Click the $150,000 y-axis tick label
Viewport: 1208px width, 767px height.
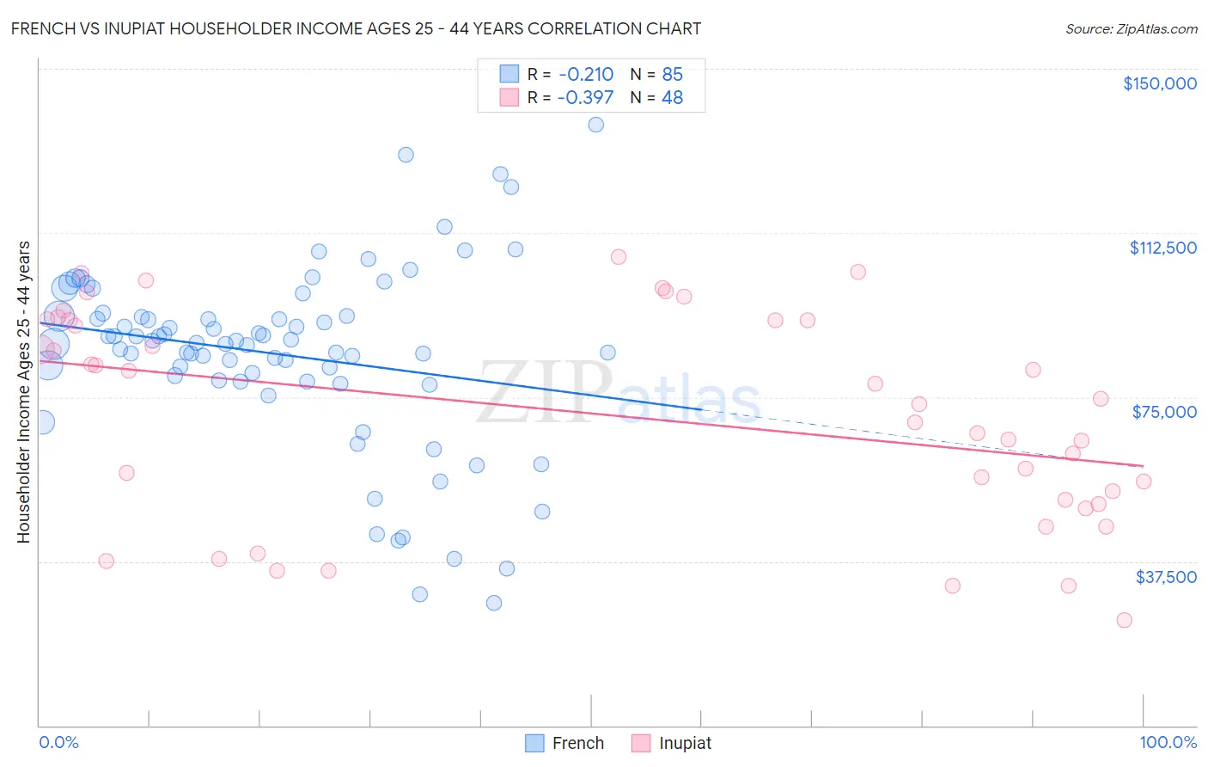[1159, 83]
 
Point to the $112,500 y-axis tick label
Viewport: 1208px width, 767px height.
[1162, 248]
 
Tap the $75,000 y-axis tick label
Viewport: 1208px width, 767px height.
[1164, 412]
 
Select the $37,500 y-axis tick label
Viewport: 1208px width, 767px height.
[1166, 577]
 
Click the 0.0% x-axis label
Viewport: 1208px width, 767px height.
[58, 742]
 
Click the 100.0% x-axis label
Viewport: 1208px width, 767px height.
[1168, 742]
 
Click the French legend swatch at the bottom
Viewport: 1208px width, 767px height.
[534, 743]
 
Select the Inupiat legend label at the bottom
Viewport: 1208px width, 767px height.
[685, 743]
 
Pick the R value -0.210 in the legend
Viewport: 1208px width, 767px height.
[585, 75]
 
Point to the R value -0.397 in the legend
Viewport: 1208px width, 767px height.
[585, 98]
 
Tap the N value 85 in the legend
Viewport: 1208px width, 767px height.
[672, 75]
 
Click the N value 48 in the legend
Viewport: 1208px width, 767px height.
[672, 98]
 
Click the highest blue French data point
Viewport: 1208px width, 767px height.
[595, 125]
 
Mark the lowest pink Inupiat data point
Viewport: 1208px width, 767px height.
[1124, 620]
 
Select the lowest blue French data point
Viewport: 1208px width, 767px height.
[494, 603]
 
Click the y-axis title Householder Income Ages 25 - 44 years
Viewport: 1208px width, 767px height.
[23, 392]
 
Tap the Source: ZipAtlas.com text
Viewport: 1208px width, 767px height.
[1131, 29]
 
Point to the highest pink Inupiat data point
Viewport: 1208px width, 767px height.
[618, 257]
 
